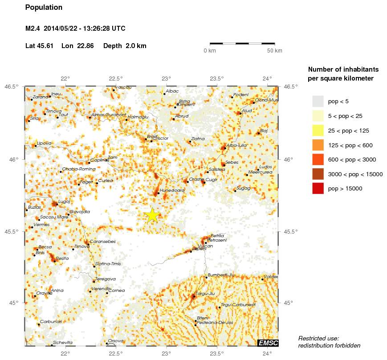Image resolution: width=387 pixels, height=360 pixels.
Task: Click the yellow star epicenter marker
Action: point(152,215)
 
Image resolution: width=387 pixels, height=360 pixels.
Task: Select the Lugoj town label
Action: point(64,202)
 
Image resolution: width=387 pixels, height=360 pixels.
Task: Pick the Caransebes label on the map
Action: point(103,242)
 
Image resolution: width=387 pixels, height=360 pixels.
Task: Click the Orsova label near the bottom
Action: point(116,341)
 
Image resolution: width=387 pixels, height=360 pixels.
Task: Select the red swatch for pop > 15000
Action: point(318,188)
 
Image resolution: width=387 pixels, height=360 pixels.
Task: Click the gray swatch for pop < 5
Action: point(318,101)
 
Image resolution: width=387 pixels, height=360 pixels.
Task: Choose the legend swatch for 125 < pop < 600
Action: point(318,145)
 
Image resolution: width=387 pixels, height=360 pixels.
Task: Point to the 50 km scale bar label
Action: point(274,51)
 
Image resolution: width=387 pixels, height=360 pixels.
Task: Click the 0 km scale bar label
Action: point(210,51)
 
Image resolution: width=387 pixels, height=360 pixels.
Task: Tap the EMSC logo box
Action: point(268,342)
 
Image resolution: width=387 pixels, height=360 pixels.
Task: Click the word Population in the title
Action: point(44,8)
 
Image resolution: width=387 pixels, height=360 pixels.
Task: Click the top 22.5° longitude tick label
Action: point(116,79)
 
